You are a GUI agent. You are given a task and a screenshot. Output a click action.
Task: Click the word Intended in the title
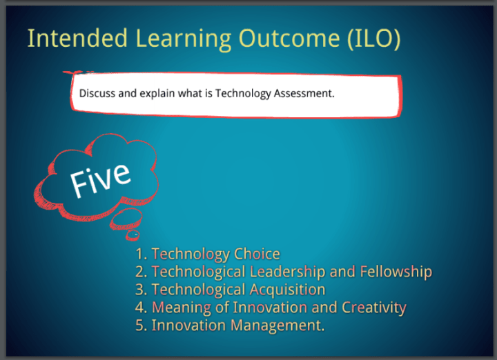pos(77,38)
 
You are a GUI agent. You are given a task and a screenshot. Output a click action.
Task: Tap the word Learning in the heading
pos(184,40)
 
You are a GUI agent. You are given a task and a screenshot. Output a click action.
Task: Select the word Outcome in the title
pos(289,39)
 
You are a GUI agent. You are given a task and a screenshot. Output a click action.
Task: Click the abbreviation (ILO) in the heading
pos(373,39)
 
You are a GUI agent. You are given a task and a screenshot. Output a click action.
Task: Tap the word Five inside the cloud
pos(100,180)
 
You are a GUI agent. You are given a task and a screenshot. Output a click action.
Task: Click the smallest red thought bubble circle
pos(133,235)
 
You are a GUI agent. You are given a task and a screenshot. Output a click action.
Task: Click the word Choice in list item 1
pos(257,254)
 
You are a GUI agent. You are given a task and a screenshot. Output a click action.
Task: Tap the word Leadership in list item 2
pos(287,272)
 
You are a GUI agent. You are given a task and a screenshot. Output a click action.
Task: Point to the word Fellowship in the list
pos(396,272)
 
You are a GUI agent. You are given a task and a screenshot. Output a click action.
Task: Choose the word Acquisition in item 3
pos(287,290)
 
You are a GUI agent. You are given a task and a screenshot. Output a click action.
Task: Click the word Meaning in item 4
pos(182,308)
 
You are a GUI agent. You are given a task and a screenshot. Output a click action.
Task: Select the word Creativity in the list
pos(374,308)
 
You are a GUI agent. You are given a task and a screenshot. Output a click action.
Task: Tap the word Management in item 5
pos(277,326)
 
